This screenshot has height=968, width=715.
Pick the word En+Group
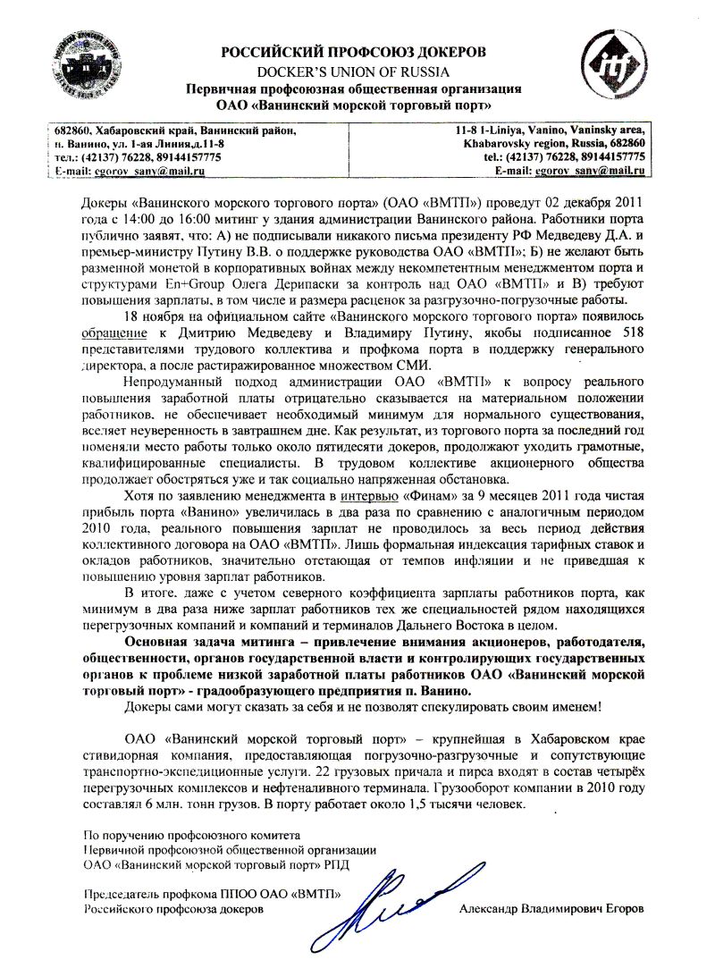pyautogui.click(x=167, y=284)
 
